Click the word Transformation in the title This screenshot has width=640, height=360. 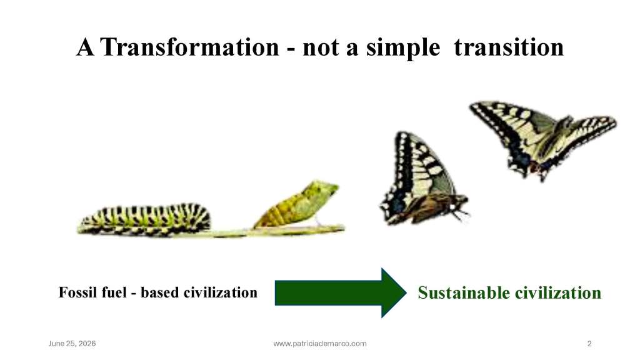click(x=190, y=47)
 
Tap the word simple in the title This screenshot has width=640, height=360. click(x=403, y=48)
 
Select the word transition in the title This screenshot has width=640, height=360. click(x=509, y=47)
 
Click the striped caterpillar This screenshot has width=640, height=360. click(x=144, y=219)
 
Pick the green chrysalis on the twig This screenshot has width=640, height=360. click(x=297, y=204)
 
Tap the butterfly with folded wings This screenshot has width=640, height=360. click(x=422, y=179)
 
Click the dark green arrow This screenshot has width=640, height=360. click(x=341, y=292)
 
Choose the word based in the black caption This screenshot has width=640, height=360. click(x=159, y=292)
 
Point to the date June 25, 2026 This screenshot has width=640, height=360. click(x=72, y=344)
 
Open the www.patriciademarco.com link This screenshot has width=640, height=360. click(x=320, y=344)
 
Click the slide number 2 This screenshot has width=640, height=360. click(x=589, y=344)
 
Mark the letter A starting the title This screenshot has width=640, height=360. click(x=85, y=47)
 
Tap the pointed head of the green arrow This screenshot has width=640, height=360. click(x=406, y=292)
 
